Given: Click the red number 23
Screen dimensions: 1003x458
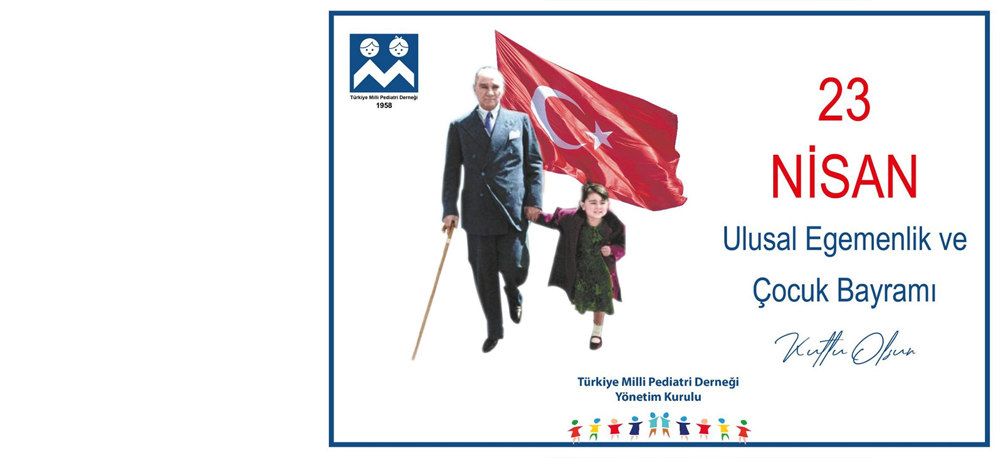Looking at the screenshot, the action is (x=844, y=100).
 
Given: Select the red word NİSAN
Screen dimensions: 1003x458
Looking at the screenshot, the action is (x=844, y=177).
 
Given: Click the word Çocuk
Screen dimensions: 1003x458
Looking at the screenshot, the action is (x=790, y=291).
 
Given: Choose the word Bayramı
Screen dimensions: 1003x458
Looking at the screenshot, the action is (x=886, y=292).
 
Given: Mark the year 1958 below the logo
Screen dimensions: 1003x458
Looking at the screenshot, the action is (x=384, y=106).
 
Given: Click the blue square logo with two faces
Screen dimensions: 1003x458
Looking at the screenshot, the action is (x=384, y=63).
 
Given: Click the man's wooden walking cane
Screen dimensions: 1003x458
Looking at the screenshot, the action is (x=433, y=291).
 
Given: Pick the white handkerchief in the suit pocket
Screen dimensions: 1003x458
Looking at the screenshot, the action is (x=515, y=134).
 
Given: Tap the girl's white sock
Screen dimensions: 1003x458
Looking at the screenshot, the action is (x=596, y=330).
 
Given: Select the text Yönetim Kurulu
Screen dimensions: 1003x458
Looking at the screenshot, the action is (x=658, y=397).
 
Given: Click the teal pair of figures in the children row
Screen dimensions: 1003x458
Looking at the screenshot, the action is (x=659, y=424).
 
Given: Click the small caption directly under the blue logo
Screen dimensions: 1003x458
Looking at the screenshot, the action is (x=384, y=98).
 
